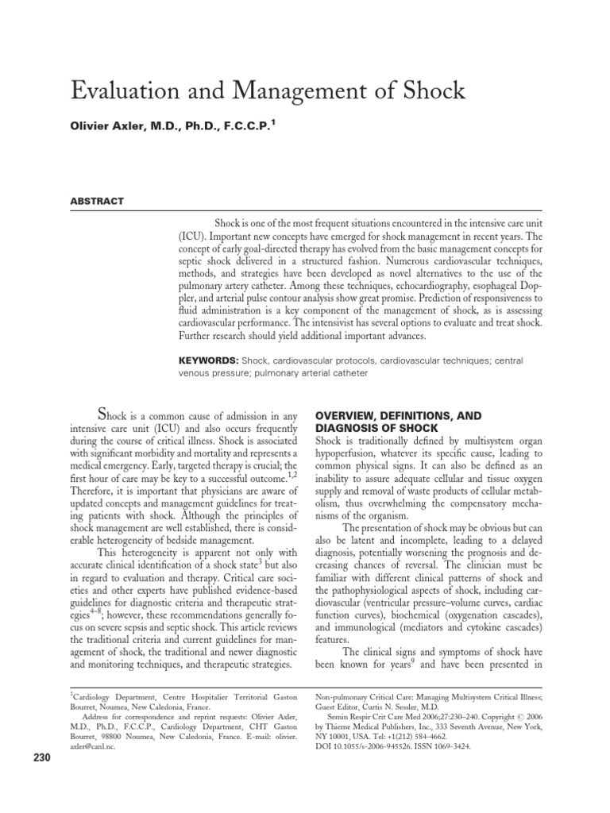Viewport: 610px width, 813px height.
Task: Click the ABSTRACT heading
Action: click(98, 202)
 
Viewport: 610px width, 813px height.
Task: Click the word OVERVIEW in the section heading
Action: click(349, 415)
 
